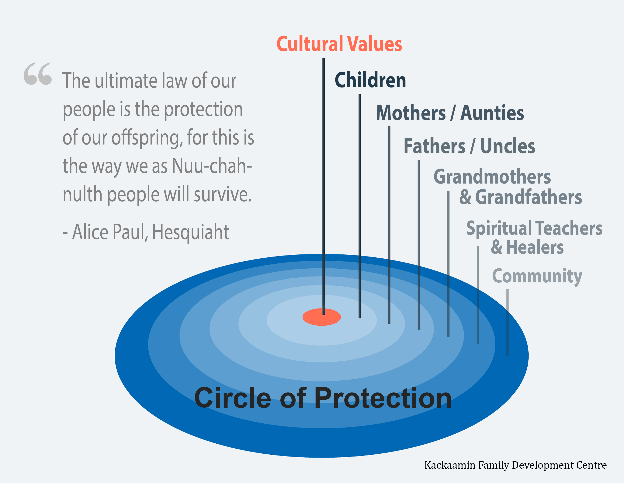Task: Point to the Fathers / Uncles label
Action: (469, 146)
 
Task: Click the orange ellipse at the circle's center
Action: (322, 317)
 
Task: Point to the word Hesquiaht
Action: (191, 232)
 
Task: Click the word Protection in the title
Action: (383, 398)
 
